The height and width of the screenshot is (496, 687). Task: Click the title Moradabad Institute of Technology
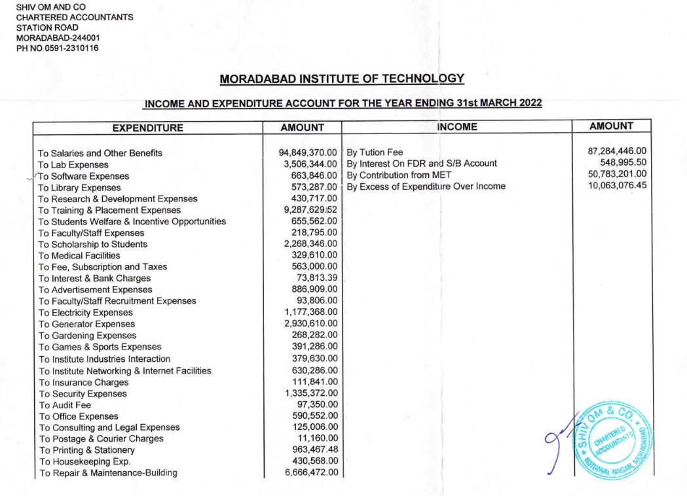coord(342,79)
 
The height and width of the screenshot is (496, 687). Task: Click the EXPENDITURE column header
coord(147,128)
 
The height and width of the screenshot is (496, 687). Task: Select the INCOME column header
coord(456,127)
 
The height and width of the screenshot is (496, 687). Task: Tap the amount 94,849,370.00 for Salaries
coord(308,152)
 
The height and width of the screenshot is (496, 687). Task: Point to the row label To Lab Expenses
coord(73,164)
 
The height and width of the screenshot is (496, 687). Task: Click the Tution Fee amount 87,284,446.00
coord(618,151)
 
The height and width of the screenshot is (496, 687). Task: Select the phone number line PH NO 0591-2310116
coord(58,48)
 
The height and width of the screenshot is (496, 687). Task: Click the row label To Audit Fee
coord(65,405)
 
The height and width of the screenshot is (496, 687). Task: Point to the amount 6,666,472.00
coord(311,472)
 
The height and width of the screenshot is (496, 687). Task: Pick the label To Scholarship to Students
coord(92,244)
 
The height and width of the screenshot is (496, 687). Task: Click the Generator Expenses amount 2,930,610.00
coord(311,324)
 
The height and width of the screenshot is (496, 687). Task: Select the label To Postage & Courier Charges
coord(101,438)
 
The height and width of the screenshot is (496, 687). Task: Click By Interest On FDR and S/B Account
coord(422,164)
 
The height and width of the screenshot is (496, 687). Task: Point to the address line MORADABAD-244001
coord(58,38)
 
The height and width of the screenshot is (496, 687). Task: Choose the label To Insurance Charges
coord(83,382)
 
